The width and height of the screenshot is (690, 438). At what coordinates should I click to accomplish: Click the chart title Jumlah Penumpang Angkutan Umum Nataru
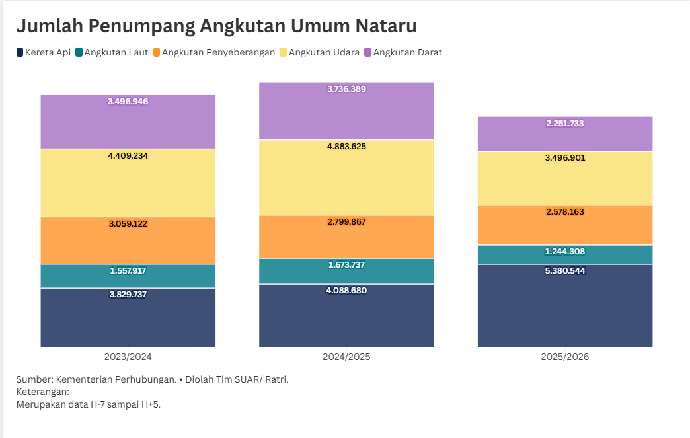(x=216, y=26)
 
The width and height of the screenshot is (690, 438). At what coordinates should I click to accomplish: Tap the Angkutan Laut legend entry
(x=112, y=52)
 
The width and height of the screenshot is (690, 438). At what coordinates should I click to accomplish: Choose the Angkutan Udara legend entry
(x=319, y=52)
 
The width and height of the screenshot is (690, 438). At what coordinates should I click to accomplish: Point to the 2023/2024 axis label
(x=128, y=357)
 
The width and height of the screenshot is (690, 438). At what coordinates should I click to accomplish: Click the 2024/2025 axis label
(x=346, y=357)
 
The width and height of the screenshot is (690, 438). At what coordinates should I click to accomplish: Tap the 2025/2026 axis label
(x=564, y=357)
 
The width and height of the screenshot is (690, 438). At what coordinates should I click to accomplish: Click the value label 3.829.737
(x=128, y=295)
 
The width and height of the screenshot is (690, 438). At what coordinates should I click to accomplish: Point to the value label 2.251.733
(x=564, y=124)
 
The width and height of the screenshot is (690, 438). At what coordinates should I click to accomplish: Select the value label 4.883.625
(x=346, y=146)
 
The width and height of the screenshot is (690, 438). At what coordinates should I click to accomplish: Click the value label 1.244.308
(x=564, y=252)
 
